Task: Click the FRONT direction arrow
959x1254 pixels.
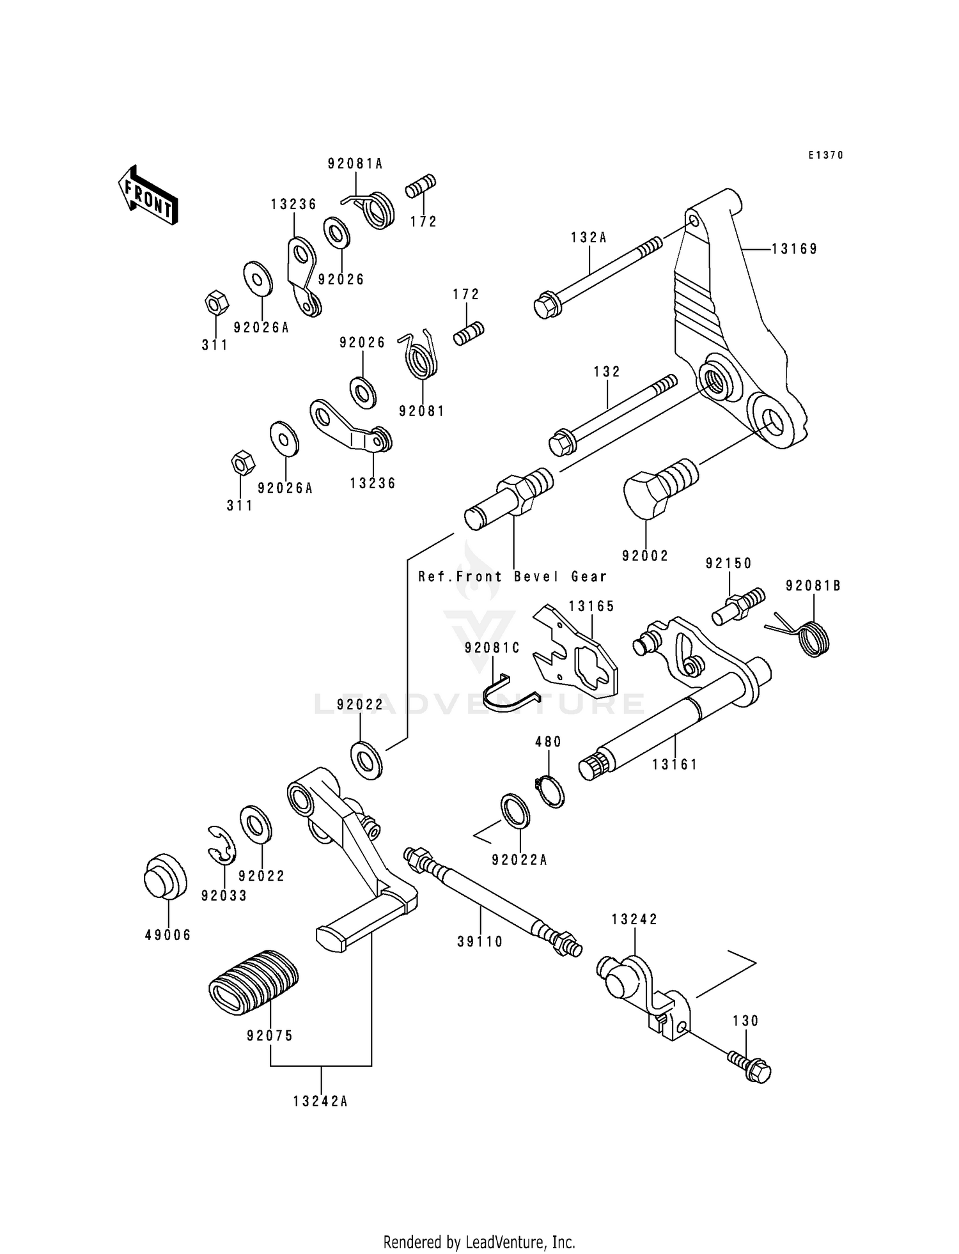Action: coord(147,194)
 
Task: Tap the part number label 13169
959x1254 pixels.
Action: coord(794,249)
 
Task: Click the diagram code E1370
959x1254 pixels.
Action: coord(825,155)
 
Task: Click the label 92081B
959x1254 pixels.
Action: coord(813,585)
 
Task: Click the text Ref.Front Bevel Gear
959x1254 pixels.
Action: coord(512,577)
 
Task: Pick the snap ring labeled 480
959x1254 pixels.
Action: coord(550,791)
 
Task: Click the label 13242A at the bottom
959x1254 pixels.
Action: coord(321,1101)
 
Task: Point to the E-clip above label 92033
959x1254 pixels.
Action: coord(221,846)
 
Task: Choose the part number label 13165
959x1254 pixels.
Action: coord(591,606)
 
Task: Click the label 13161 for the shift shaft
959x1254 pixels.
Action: coord(674,764)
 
